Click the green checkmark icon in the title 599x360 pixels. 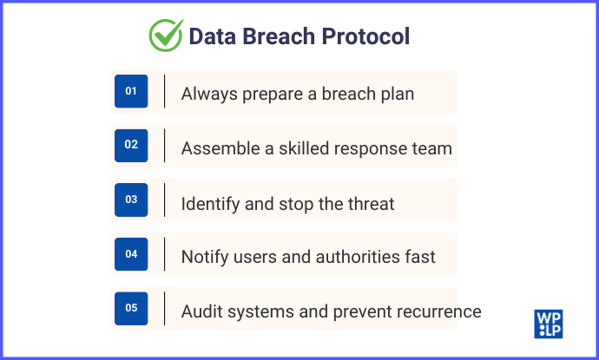(x=165, y=36)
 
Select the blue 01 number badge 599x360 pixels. (x=131, y=91)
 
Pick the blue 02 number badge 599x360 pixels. (x=131, y=145)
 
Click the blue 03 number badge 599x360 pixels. (x=131, y=200)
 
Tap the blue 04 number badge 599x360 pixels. (x=131, y=254)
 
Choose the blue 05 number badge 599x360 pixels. (x=131, y=308)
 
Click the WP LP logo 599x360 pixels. (x=548, y=323)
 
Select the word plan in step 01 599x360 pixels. (x=396, y=95)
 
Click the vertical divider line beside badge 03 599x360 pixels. (x=165, y=200)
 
